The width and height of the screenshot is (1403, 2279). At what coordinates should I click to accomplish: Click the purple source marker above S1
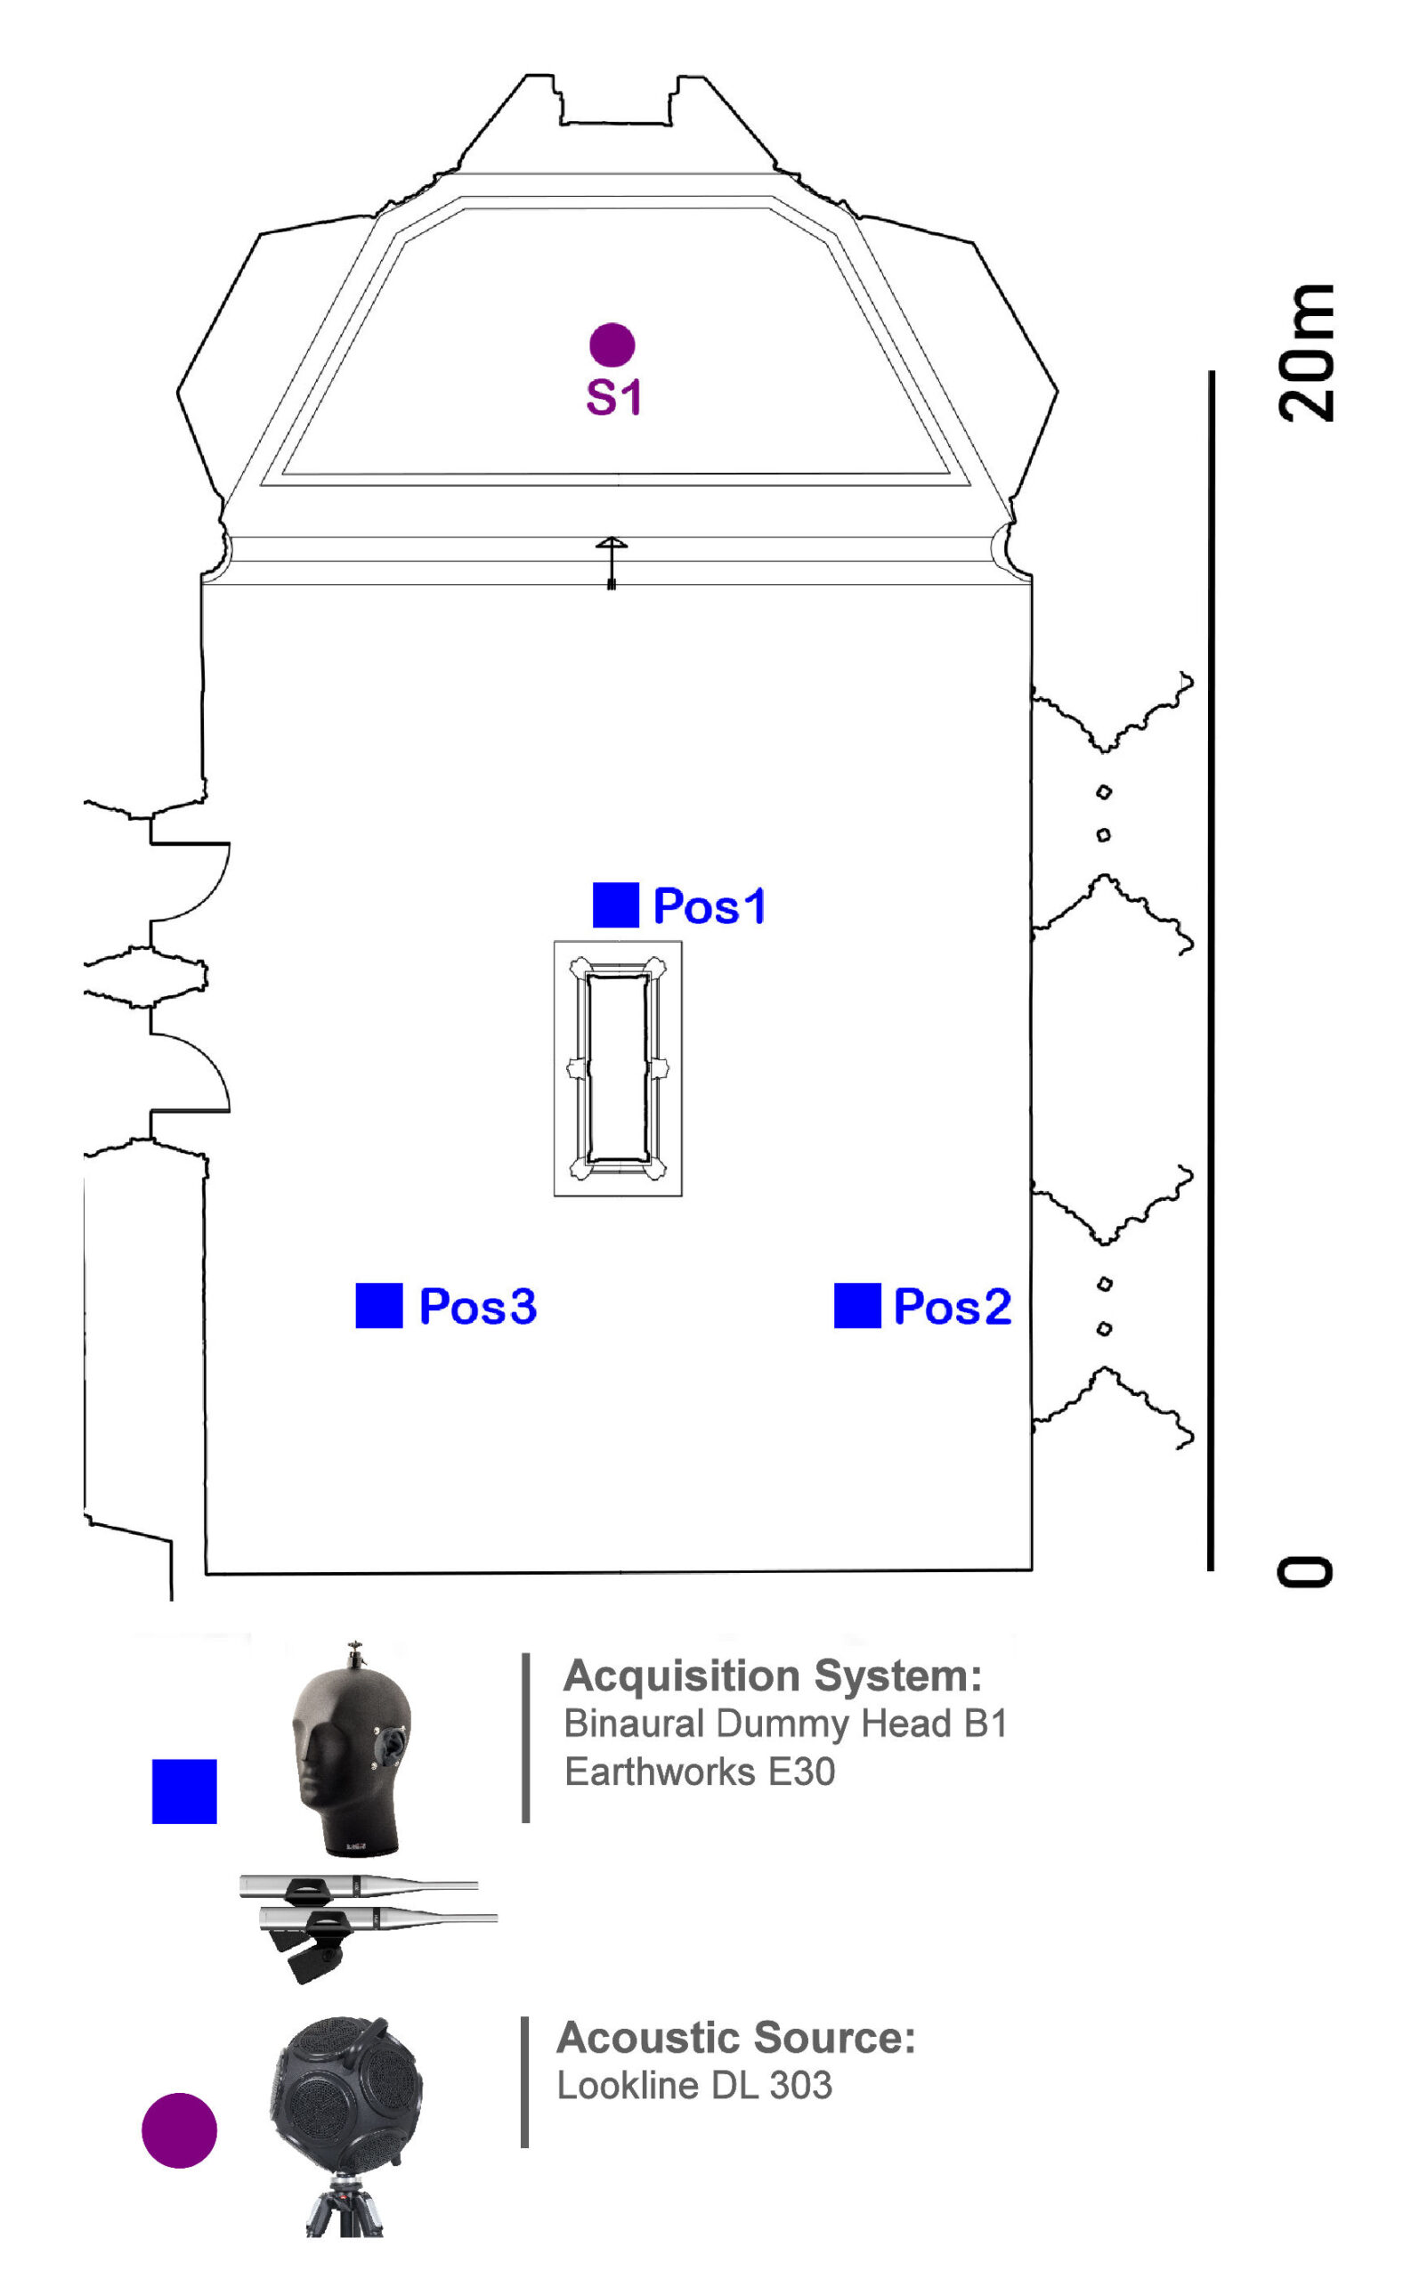point(612,345)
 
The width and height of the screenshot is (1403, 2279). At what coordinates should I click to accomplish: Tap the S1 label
point(613,397)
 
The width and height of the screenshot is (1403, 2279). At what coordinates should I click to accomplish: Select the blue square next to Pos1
point(616,904)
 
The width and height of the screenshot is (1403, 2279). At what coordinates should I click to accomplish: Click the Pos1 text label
point(710,906)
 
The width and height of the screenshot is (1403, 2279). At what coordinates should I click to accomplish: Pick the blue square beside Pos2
point(857,1306)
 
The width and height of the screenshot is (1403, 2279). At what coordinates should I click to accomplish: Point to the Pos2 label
point(952,1307)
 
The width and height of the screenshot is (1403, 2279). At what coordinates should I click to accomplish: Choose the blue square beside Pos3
point(379,1306)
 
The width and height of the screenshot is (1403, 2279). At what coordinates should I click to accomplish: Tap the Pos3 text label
point(478,1307)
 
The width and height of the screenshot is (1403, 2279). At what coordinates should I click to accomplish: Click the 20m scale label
point(1307,353)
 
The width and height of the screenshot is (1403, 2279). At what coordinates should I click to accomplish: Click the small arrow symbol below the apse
point(612,561)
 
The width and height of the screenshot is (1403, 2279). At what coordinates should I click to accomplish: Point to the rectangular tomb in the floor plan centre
point(618,1068)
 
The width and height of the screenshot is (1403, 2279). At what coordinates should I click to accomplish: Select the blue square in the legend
point(184,1791)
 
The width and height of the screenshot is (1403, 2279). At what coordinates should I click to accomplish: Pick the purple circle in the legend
point(179,2130)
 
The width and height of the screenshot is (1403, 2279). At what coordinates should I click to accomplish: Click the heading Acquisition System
point(772,1675)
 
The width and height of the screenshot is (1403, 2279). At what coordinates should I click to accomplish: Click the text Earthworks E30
point(700,1772)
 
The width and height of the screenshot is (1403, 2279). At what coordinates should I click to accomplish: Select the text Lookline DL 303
point(694,2086)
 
